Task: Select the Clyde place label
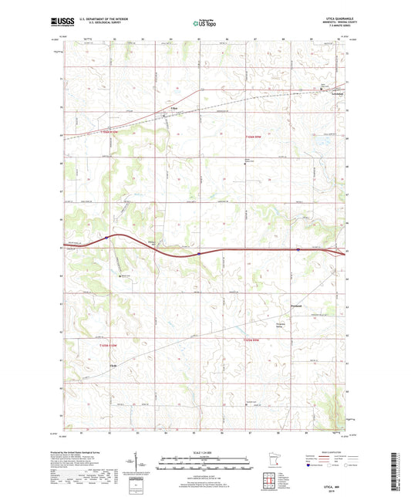point(113,364)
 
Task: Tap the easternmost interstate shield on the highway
point(298,249)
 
